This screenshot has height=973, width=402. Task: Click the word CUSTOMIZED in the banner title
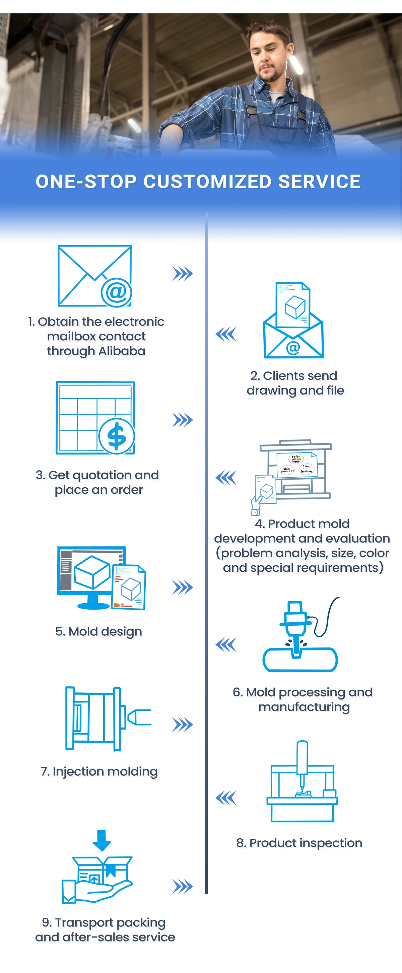(207, 182)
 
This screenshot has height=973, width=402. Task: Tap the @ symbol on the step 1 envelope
(116, 292)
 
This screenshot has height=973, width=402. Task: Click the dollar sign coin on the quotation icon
(117, 436)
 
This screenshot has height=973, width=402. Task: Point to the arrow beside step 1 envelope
(183, 273)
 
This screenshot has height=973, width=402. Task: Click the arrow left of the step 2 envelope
(226, 334)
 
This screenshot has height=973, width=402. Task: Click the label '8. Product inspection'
(299, 843)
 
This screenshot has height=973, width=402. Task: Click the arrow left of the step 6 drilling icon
(226, 644)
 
